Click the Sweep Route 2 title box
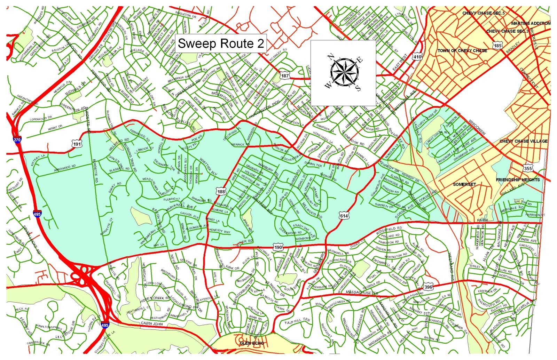pos(221,43)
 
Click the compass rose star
pos(344,72)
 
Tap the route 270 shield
pos(17,140)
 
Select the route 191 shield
pos(77,144)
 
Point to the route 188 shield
pos(221,191)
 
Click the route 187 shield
pos(285,75)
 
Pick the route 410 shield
pos(417,56)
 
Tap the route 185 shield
pos(497,45)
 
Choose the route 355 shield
pos(527,168)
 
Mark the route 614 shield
pos(344,216)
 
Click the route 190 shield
pos(278,247)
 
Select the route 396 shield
pos(428,287)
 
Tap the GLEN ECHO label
pos(252,343)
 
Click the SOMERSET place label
pos(464,184)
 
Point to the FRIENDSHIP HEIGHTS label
pos(518,180)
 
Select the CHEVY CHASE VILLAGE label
pos(523,141)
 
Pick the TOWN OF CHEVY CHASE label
pos(462,51)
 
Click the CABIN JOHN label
pos(151,323)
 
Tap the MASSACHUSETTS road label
pos(362,293)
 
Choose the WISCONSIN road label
pos(477,127)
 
